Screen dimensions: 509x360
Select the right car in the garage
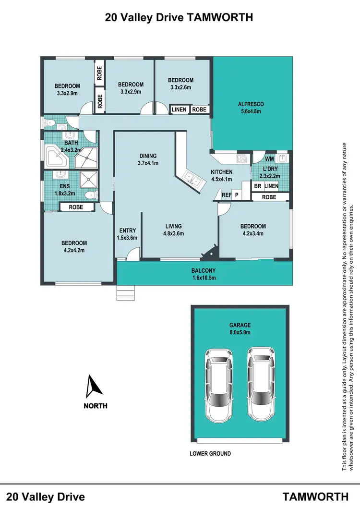click(x=262, y=382)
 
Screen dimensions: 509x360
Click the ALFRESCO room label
click(x=251, y=104)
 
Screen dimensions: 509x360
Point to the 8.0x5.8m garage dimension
click(x=240, y=332)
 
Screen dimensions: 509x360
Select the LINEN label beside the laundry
click(x=271, y=186)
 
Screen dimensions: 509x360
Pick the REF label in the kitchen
click(x=226, y=194)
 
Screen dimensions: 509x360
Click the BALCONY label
click(x=205, y=270)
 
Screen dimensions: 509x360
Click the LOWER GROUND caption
click(x=210, y=453)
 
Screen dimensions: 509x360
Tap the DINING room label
click(x=148, y=156)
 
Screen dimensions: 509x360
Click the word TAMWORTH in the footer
click(x=315, y=496)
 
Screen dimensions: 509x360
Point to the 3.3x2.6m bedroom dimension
click(x=180, y=87)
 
